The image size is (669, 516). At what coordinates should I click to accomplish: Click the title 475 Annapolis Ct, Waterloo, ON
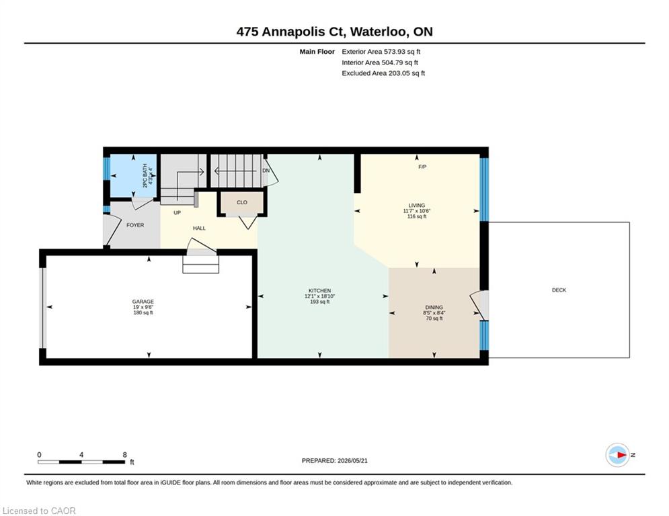pyautogui.click(x=335, y=32)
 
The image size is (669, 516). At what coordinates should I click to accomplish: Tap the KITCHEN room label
pyautogui.click(x=319, y=291)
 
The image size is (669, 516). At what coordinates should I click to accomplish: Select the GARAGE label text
pyautogui.click(x=143, y=302)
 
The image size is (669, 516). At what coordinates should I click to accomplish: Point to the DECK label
pyautogui.click(x=559, y=290)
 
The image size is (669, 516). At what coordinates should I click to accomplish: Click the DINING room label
pyautogui.click(x=434, y=308)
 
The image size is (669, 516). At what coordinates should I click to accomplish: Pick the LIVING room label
pyautogui.click(x=416, y=206)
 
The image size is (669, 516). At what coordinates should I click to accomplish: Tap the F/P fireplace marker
pyautogui.click(x=422, y=167)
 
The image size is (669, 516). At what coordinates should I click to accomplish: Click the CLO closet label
pyautogui.click(x=242, y=202)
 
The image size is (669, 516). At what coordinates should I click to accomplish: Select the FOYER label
pyautogui.click(x=135, y=225)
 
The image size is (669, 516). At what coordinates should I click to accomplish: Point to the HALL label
pyautogui.click(x=199, y=228)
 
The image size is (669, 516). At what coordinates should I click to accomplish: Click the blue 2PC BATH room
pyautogui.click(x=134, y=176)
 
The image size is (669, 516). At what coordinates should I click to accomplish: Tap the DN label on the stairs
pyautogui.click(x=266, y=171)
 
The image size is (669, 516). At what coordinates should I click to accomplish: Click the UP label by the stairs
pyautogui.click(x=177, y=213)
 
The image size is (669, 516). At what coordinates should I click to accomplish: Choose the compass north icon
pyautogui.click(x=617, y=455)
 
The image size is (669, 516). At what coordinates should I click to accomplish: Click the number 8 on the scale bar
pyautogui.click(x=124, y=455)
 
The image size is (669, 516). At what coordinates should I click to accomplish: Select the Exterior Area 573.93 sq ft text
pyautogui.click(x=381, y=52)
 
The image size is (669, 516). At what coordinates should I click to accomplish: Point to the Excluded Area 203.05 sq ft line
pyautogui.click(x=383, y=73)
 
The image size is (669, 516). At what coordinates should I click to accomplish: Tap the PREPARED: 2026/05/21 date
pyautogui.click(x=335, y=460)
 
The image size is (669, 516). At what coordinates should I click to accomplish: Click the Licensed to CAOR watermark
pyautogui.click(x=39, y=511)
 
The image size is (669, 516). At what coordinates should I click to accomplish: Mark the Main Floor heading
pyautogui.click(x=317, y=52)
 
